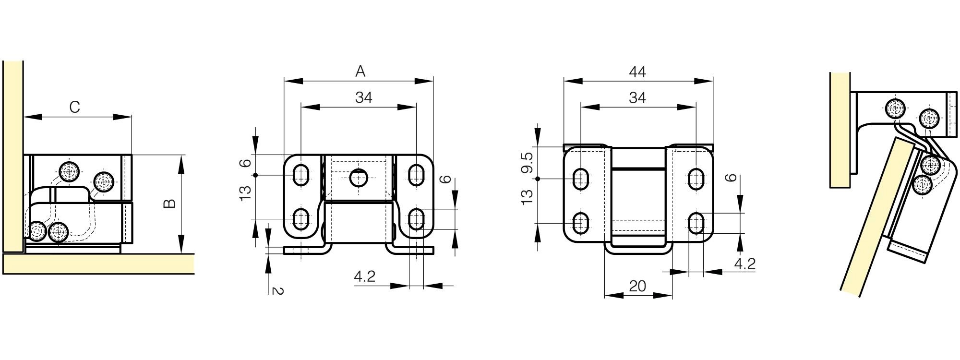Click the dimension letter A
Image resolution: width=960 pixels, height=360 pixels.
coord(360,72)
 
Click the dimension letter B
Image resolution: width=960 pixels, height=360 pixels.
coord(170,204)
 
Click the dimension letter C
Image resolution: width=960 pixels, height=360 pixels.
coord(74,107)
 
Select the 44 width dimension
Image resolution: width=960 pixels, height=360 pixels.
coord(637,72)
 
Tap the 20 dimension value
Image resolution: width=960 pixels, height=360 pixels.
coord(637,286)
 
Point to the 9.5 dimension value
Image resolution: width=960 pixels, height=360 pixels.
coord(527,163)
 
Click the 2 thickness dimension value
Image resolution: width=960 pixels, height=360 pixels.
coord(277,290)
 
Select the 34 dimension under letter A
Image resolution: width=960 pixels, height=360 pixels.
coord(364,97)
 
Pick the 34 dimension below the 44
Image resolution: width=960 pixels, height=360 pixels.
coord(637,97)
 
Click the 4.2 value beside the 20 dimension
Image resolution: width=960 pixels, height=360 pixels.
coord(744,264)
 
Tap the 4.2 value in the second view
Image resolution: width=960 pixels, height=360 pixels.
coord(364,276)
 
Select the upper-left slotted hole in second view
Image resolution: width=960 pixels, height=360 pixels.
coord(301,175)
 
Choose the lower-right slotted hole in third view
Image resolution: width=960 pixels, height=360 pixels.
coord(696,223)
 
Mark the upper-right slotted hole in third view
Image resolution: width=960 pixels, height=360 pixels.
coord(696,179)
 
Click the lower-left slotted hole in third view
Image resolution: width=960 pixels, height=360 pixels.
coord(581,223)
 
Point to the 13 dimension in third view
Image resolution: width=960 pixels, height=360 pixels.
coord(527,197)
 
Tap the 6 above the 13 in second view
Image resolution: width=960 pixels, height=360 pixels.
coord(246,163)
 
